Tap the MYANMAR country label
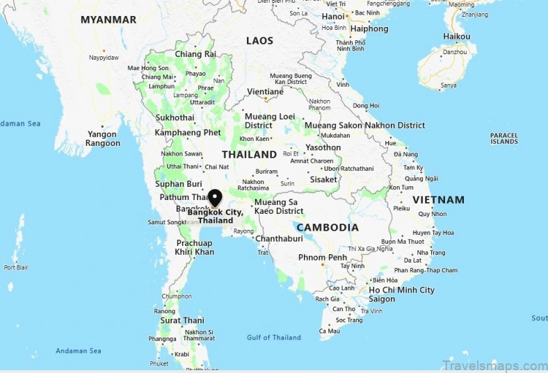click(108, 19)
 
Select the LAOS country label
click(259, 41)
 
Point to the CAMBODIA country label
click(327, 227)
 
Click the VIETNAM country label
click(438, 199)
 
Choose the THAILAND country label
click(249, 154)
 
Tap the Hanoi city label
click(334, 17)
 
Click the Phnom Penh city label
click(322, 258)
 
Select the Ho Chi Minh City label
click(401, 290)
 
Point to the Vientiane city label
click(265, 92)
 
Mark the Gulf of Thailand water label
click(274, 338)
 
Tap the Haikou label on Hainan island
click(457, 36)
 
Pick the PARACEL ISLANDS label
click(503, 138)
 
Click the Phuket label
click(159, 363)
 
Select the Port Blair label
click(15, 267)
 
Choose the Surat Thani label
click(182, 321)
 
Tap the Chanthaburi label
click(278, 238)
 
